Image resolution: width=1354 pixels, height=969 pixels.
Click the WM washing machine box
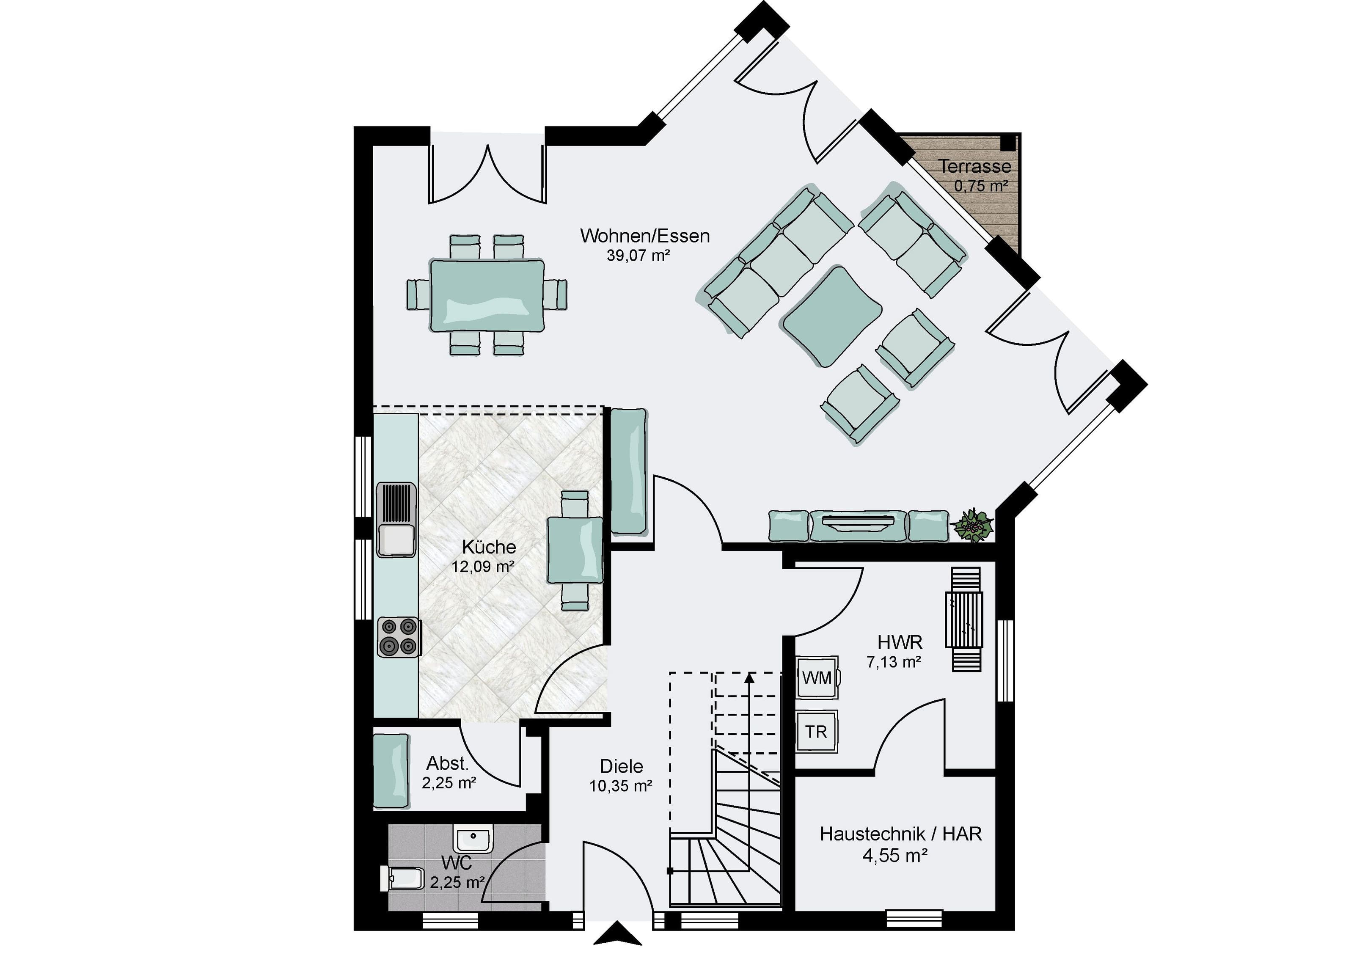click(817, 677)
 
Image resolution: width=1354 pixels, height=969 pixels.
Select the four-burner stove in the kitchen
click(399, 638)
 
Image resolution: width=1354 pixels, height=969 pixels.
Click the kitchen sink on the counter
click(396, 519)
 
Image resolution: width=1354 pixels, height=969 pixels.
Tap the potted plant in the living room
click(973, 526)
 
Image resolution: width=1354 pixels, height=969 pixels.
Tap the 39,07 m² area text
click(638, 256)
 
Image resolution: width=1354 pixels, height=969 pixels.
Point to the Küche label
click(489, 547)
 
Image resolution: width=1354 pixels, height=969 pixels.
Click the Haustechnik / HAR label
click(901, 834)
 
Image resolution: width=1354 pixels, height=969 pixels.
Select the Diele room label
click(622, 766)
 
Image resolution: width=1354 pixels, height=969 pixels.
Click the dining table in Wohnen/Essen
click(487, 295)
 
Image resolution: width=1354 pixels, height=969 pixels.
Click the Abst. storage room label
click(447, 763)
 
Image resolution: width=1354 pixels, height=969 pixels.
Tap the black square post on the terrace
click(1007, 142)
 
